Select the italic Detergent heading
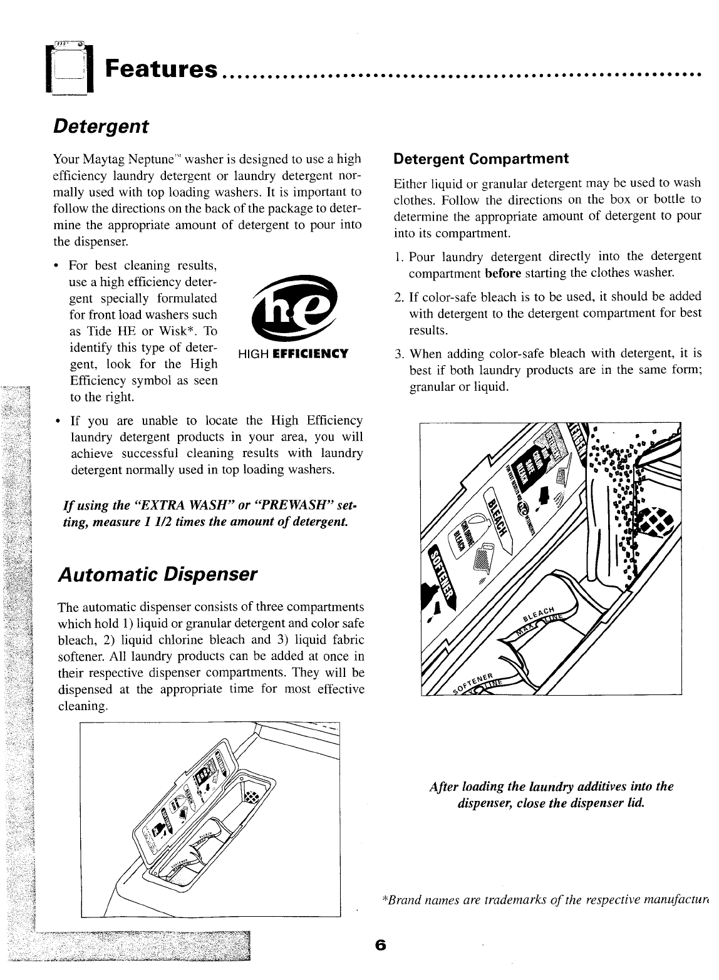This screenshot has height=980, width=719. [x=101, y=126]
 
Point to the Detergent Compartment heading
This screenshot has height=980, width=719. [x=480, y=158]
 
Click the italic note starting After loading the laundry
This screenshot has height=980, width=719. [x=551, y=795]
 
